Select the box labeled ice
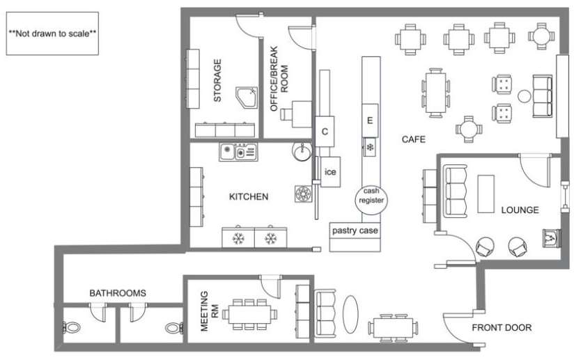pyautogui.click(x=330, y=172)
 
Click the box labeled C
pyautogui.click(x=325, y=131)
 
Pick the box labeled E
pyautogui.click(x=370, y=121)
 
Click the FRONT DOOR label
pyautogui.click(x=502, y=327)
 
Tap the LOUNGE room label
pyautogui.click(x=520, y=210)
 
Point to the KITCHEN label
pyautogui.click(x=249, y=197)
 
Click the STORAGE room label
pyautogui.click(x=217, y=80)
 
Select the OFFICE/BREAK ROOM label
pyautogui.click(x=279, y=86)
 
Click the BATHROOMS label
pyautogui.click(x=118, y=293)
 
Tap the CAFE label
pyautogui.click(x=413, y=140)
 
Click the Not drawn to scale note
pyautogui.click(x=52, y=33)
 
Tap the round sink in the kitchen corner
pyautogui.click(x=302, y=151)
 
